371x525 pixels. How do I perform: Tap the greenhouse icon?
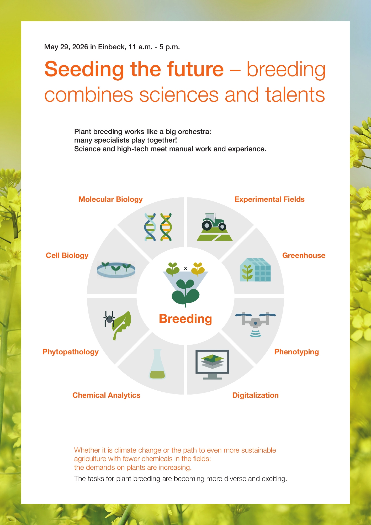click(x=255, y=270)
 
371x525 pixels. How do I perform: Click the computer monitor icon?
click(x=212, y=364)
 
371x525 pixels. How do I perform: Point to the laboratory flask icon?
click(x=157, y=364)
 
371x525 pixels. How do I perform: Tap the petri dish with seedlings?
click(x=116, y=269)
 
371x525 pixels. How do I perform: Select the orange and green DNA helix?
click(x=166, y=227)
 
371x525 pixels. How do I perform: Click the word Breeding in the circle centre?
click(x=185, y=319)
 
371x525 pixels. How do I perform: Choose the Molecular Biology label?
click(x=110, y=199)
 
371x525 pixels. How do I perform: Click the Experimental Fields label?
click(x=269, y=199)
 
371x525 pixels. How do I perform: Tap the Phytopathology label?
click(x=71, y=352)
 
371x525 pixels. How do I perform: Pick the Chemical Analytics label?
click(x=106, y=395)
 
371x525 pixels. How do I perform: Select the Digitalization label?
click(x=256, y=395)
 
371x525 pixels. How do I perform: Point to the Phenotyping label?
click(x=296, y=352)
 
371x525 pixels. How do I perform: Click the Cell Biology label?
click(x=67, y=256)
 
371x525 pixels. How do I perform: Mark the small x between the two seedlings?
click(x=185, y=268)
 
